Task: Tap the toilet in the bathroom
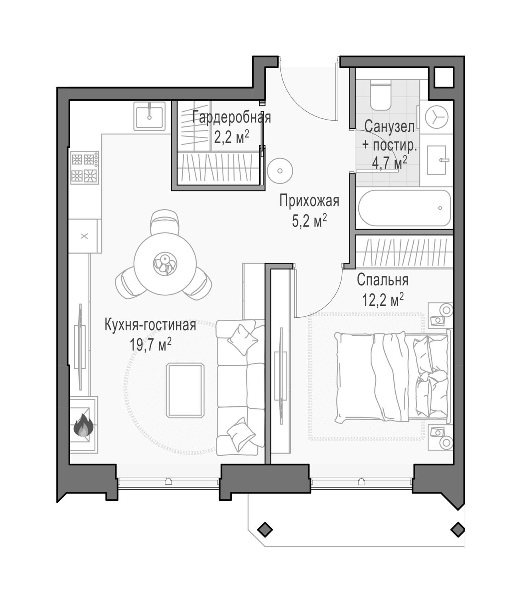tap(381, 96)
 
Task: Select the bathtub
tap(405, 208)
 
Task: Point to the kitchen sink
tap(150, 116)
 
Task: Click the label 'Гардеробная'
tap(232, 118)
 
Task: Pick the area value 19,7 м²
tap(150, 344)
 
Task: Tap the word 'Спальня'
tap(383, 280)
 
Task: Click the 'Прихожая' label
tap(309, 201)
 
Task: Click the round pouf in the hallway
tap(280, 171)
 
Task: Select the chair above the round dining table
tap(165, 222)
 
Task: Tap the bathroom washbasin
tap(436, 160)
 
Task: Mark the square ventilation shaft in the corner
tap(443, 77)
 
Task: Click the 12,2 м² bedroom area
tap(383, 299)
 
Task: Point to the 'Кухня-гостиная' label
tap(150, 325)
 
